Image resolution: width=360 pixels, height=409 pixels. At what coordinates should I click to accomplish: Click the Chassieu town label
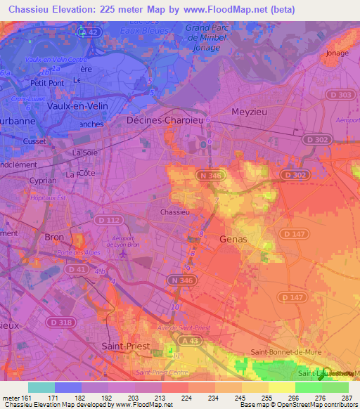(x=174, y=212)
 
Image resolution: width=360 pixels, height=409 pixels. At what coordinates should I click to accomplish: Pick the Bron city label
(x=54, y=238)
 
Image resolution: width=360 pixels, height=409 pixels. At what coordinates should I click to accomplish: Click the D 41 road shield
(x=76, y=268)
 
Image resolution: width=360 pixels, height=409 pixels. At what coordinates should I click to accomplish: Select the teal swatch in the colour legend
(x=41, y=387)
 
